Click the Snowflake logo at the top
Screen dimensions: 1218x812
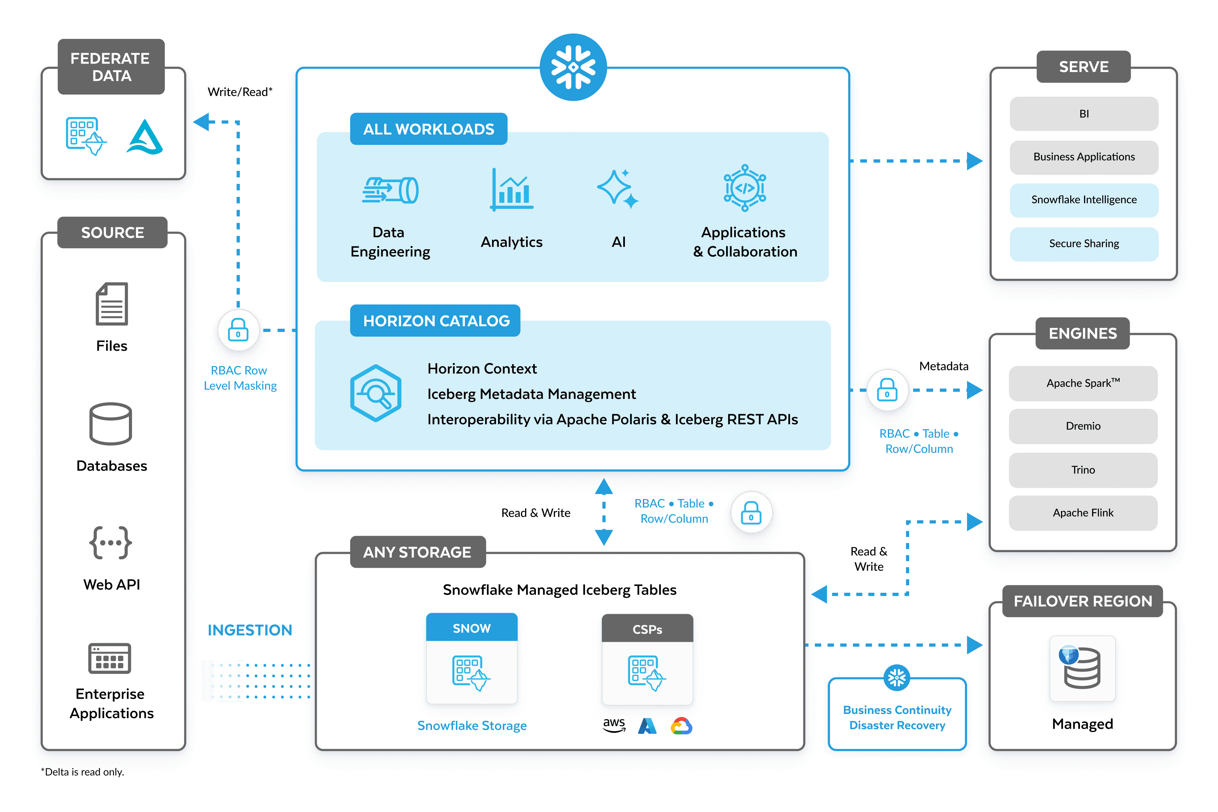[x=573, y=67]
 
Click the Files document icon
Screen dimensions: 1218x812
[x=112, y=304]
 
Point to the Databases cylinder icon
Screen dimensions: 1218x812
[x=111, y=424]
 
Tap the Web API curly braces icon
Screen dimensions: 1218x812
[x=111, y=543]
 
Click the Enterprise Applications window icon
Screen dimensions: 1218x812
[x=110, y=658]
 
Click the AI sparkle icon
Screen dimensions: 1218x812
[x=618, y=189]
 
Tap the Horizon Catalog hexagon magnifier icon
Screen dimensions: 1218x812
[x=376, y=393]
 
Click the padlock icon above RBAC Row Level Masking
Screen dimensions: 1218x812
[x=238, y=330]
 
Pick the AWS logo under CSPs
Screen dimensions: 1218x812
[x=614, y=725]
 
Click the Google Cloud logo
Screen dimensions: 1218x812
[x=681, y=726]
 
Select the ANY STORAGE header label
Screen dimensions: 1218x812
[x=418, y=552]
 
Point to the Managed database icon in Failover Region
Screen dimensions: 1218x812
[x=1082, y=668]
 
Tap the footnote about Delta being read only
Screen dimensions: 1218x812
[x=83, y=772]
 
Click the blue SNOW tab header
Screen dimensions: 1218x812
[x=472, y=628]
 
